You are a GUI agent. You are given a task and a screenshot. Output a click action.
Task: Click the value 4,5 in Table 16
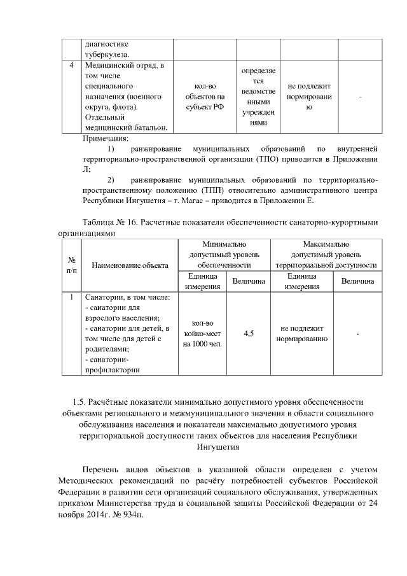(x=249, y=333)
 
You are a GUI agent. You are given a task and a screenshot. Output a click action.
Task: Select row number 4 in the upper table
(x=71, y=65)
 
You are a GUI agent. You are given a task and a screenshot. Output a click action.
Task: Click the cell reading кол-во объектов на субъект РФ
(x=205, y=96)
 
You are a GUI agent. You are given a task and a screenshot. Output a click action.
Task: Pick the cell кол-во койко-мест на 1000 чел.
(x=202, y=334)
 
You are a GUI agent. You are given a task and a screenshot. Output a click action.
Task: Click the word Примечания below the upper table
(x=106, y=137)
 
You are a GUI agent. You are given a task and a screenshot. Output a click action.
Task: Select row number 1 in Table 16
(x=71, y=297)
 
